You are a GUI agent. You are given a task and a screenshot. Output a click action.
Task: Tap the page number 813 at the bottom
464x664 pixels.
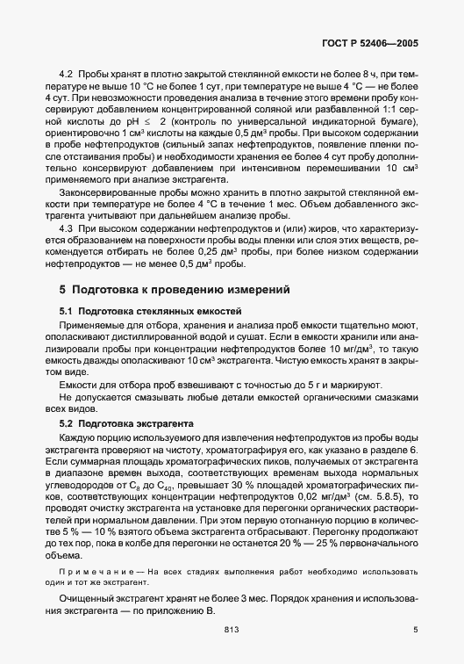tap(232, 629)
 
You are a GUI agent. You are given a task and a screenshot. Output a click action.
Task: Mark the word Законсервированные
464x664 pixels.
tap(102, 190)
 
